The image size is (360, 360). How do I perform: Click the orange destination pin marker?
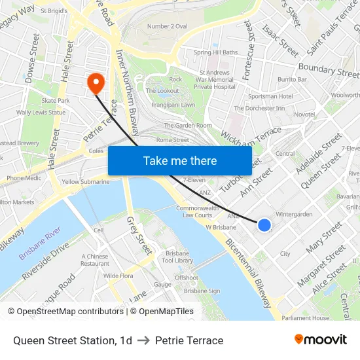(96, 82)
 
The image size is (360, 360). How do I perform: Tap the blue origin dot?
(264, 225)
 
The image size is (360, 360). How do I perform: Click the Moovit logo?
(320, 340)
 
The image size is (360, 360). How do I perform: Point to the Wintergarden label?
(294, 214)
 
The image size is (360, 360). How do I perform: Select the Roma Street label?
(172, 139)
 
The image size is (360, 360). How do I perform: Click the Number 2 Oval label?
(167, 26)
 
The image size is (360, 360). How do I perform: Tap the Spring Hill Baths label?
(215, 52)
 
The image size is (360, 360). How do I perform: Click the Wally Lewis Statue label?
(41, 113)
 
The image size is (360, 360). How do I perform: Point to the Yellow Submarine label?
(85, 182)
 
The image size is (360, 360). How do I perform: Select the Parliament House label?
(306, 318)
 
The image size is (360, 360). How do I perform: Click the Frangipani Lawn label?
(170, 105)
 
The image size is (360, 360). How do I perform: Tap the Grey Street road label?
(139, 236)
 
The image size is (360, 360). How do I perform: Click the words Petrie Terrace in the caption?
(189, 340)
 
